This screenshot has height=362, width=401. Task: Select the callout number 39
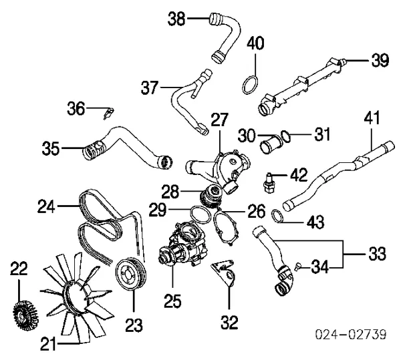point(380,61)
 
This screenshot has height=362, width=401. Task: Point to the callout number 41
point(372,119)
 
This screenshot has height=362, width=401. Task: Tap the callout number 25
point(173,301)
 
